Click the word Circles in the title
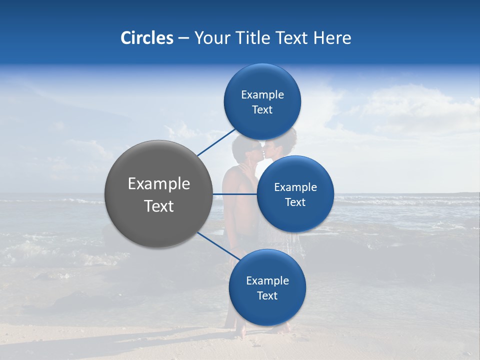pos(146,38)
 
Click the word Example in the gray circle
pos(158,184)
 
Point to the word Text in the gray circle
pos(158,206)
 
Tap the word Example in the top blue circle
pos(262,95)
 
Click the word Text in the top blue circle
pos(262,110)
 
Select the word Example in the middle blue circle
pos(295,187)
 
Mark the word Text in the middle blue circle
pos(295,202)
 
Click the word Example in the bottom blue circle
pos(267,281)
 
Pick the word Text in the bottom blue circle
pos(267,296)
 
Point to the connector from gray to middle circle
pos(235,193)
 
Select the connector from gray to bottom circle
pos(217,246)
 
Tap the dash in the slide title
pos(183,38)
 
